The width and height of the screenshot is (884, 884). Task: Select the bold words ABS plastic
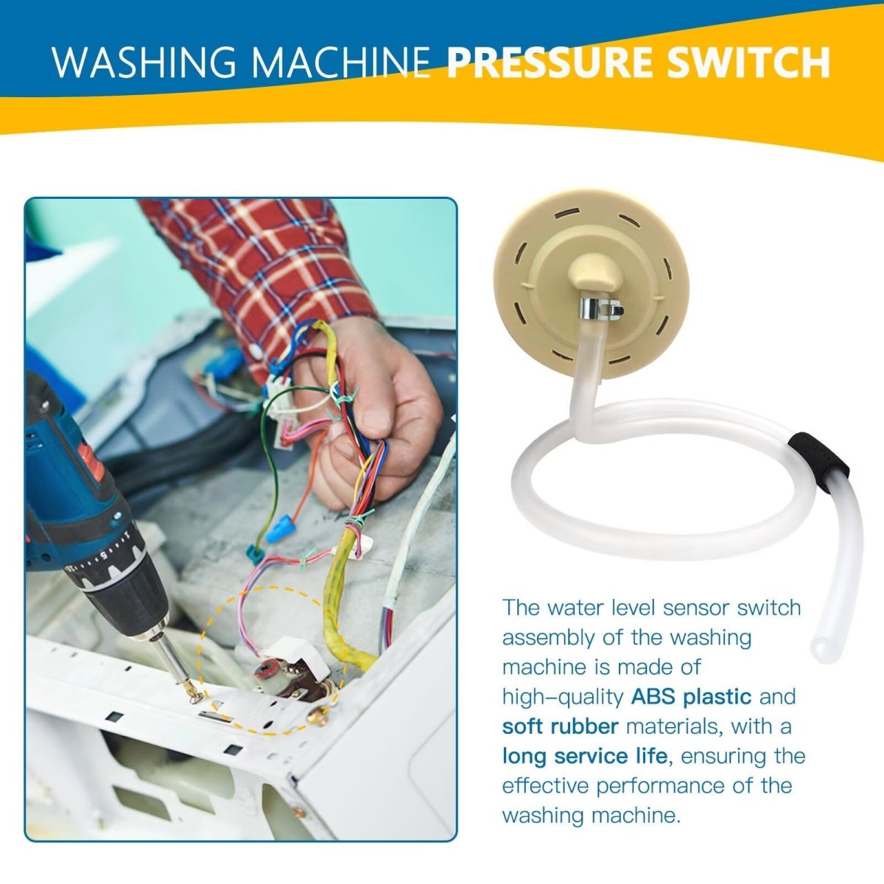pyautogui.click(x=691, y=696)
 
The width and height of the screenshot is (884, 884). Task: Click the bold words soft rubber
pyautogui.click(x=560, y=726)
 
